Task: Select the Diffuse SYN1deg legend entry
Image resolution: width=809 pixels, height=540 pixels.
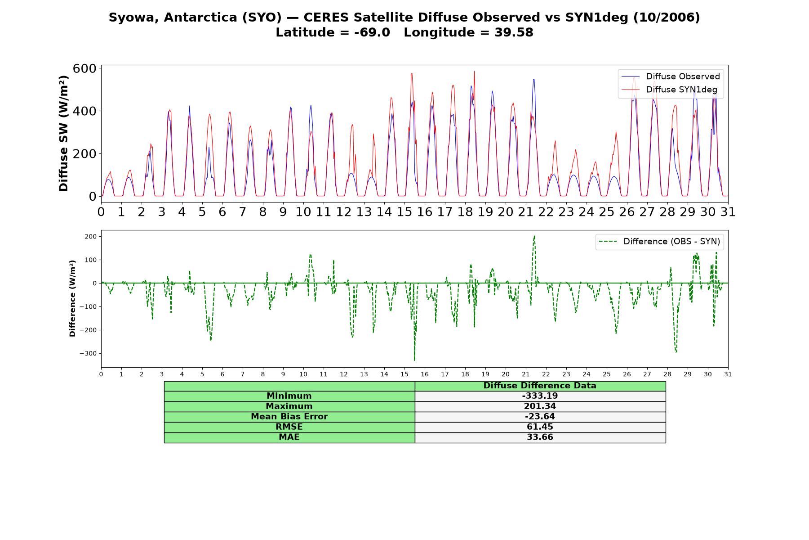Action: pos(670,90)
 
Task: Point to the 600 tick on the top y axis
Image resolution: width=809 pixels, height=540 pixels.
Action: pos(84,68)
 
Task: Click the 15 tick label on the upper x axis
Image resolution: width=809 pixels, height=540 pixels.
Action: pos(404,211)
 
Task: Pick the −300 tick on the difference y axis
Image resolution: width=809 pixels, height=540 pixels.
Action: pos(88,354)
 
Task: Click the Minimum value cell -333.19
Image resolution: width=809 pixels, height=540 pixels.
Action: pos(540,396)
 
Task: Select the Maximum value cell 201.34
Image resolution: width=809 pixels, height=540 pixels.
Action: pos(540,406)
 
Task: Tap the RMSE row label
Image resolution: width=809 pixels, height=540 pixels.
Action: pos(289,427)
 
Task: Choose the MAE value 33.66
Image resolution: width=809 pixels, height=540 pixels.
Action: pos(540,437)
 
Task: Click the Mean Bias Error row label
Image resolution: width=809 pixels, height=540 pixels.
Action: pos(289,417)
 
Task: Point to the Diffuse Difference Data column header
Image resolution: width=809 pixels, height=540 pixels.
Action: pos(540,386)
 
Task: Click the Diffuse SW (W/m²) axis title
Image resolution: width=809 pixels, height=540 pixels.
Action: pos(63,133)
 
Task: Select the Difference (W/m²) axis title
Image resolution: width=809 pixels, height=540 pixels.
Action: pos(72,298)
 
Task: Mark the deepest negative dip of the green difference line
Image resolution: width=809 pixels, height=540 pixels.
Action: pos(414,360)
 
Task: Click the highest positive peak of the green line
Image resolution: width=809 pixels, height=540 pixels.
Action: pos(534,236)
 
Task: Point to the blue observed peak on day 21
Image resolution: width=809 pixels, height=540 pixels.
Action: pos(533,80)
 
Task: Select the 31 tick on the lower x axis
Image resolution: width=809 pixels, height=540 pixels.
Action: pos(728,374)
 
